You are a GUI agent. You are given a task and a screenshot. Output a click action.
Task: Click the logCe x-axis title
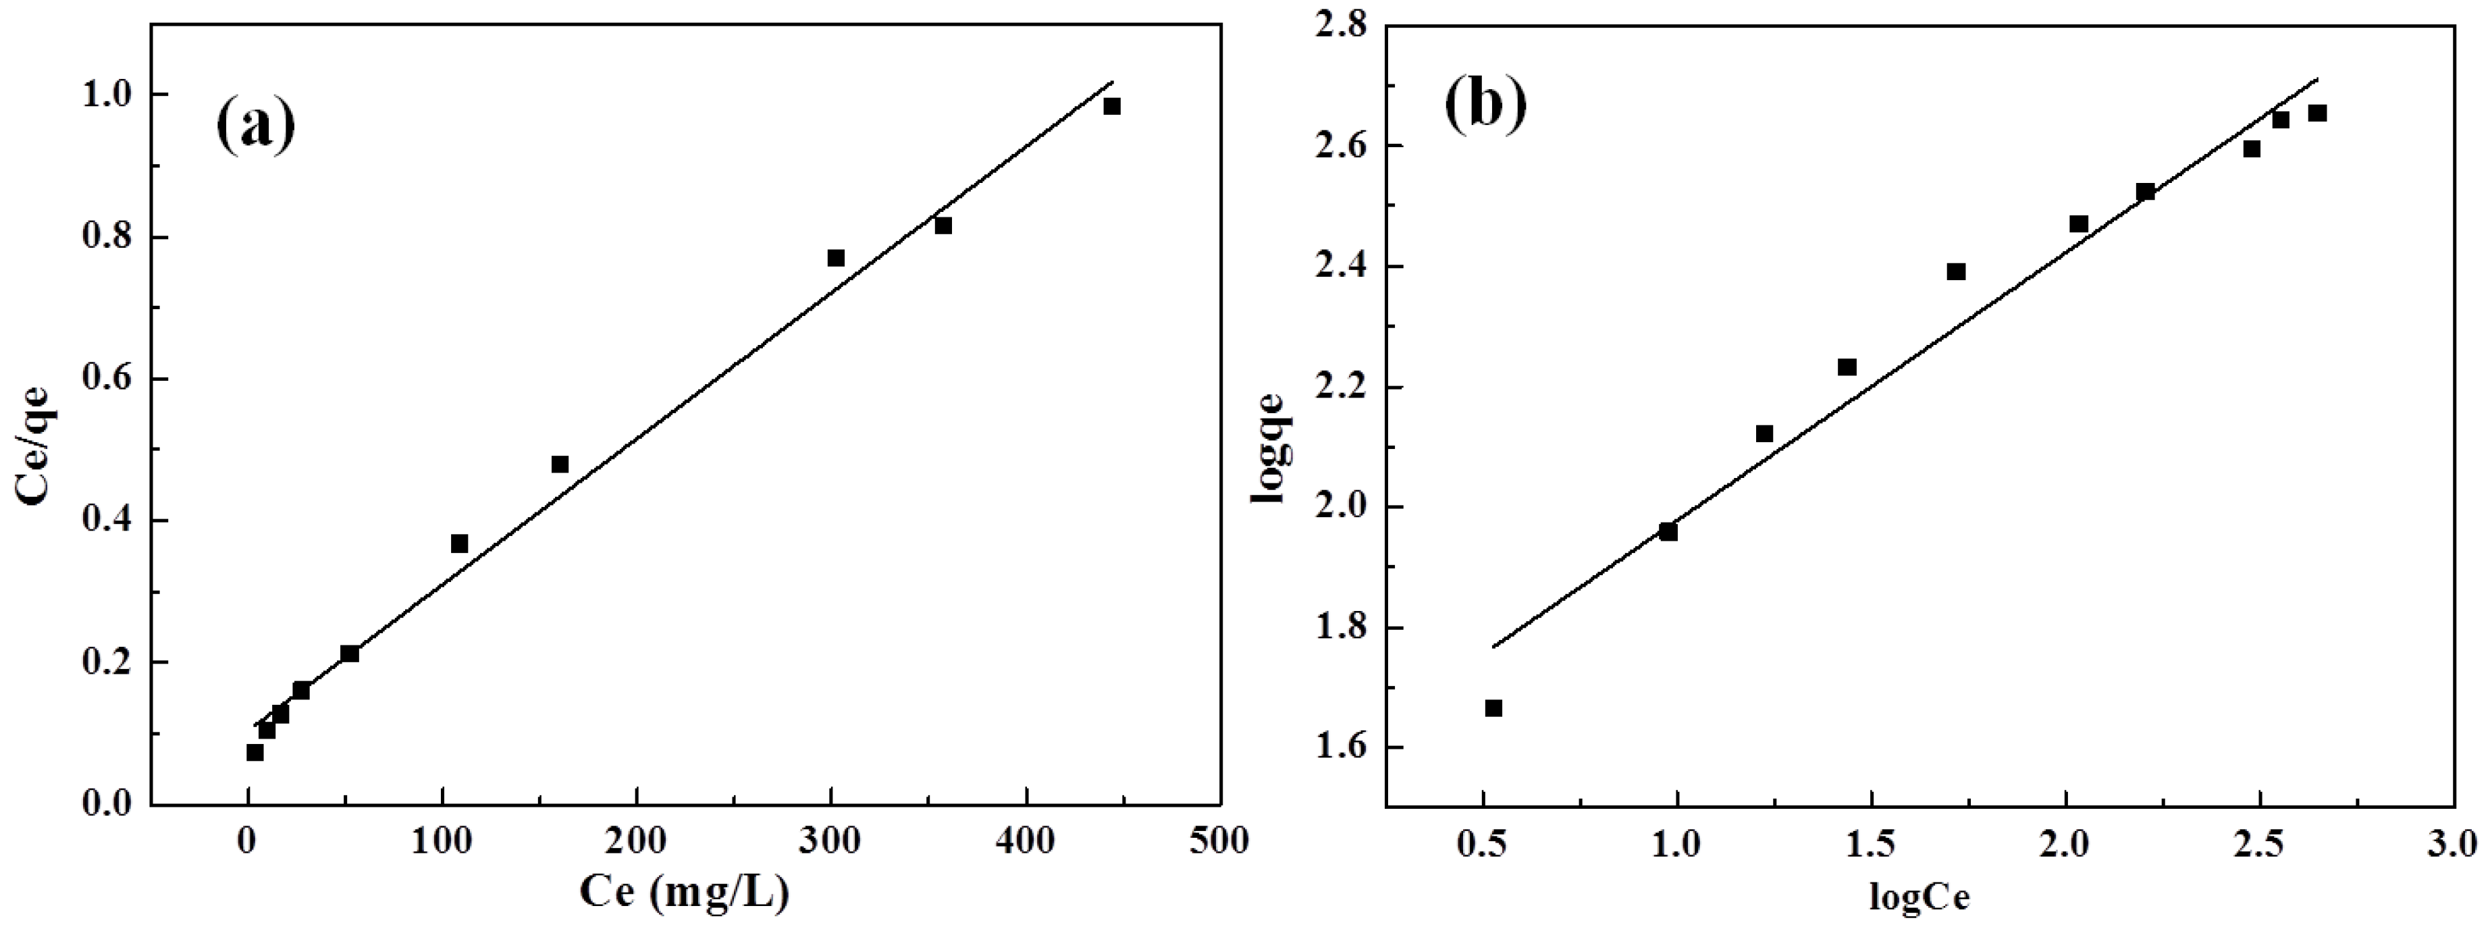click(1919, 898)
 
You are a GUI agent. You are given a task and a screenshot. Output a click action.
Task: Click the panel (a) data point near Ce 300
click(836, 257)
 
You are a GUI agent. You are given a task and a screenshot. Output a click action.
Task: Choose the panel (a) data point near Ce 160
click(560, 464)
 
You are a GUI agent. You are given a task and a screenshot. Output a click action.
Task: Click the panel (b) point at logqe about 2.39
click(1957, 271)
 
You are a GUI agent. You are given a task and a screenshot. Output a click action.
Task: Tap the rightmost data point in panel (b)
click(2317, 113)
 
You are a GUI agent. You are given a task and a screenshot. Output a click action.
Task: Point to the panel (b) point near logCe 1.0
click(1668, 532)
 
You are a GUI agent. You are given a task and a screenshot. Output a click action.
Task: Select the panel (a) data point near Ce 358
click(943, 225)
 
